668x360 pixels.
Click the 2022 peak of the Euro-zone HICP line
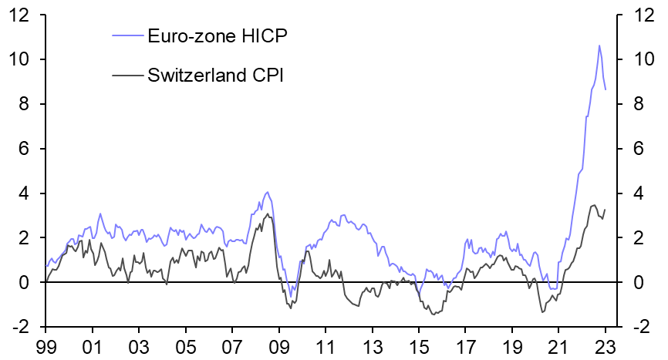(x=599, y=45)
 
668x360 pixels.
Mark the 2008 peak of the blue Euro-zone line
(x=267, y=193)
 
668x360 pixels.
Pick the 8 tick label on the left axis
(x=25, y=104)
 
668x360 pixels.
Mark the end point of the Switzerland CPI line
(x=605, y=210)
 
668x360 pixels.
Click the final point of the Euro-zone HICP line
(x=606, y=89)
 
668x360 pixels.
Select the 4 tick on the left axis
(x=25, y=193)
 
